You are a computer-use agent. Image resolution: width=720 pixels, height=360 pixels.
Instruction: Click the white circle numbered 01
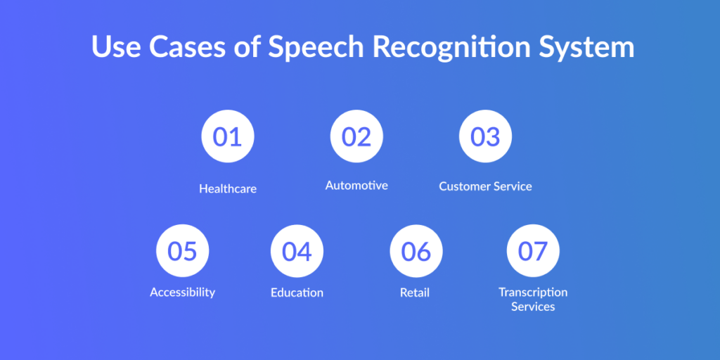[x=228, y=136]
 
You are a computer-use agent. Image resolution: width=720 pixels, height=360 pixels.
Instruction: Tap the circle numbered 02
[x=356, y=136]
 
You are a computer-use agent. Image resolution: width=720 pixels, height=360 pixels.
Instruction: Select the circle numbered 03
[x=485, y=136]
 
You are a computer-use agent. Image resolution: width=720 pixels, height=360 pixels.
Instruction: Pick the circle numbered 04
[x=297, y=251]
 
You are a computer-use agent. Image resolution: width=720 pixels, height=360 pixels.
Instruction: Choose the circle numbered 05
[x=183, y=251]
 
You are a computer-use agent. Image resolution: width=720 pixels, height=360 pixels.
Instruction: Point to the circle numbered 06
[x=416, y=251]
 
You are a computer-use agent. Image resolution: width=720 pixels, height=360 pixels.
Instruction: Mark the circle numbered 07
[x=533, y=251]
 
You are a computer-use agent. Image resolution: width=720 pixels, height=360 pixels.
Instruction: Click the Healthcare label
[x=228, y=188]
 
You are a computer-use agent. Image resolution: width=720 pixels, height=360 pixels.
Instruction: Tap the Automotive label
[x=356, y=185]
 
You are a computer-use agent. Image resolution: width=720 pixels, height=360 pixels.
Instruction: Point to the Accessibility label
[x=183, y=292]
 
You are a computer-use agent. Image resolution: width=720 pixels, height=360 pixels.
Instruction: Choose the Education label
[x=297, y=292]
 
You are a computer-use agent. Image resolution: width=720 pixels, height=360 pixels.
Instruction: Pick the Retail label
[x=415, y=292]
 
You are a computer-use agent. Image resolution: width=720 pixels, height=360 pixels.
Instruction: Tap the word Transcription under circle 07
[x=533, y=292]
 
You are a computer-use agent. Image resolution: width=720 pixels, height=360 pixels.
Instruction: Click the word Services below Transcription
[x=533, y=307]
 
